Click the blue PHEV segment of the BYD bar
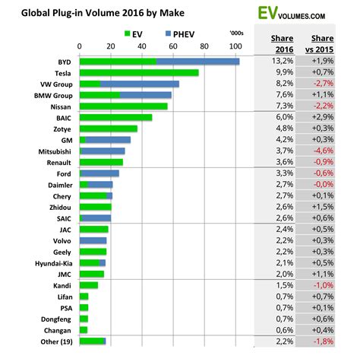point(197,62)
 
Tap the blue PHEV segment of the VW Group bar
point(140,84)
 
